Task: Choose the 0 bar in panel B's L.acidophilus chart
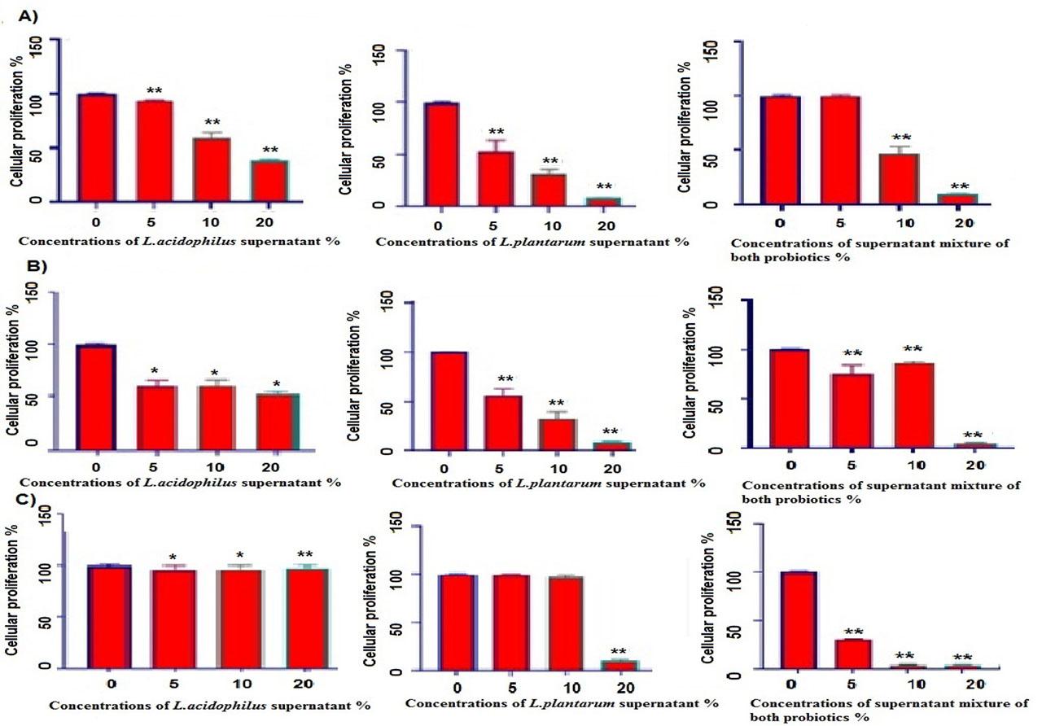pyautogui.click(x=95, y=396)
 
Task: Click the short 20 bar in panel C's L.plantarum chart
pyautogui.click(x=618, y=665)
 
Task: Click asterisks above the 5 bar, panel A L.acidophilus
pyautogui.click(x=155, y=90)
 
